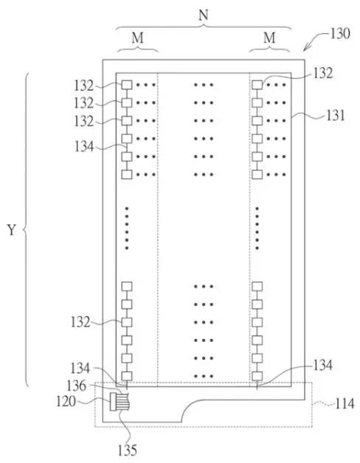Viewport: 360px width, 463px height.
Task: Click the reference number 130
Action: (340, 34)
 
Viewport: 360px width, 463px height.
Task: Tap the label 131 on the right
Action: (336, 116)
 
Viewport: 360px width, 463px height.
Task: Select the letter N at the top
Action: (204, 15)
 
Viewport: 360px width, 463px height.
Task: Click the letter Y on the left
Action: (11, 230)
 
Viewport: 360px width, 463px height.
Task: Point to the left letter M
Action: (138, 38)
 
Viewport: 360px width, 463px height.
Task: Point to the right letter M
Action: (269, 38)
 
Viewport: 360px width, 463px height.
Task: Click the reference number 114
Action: (345, 403)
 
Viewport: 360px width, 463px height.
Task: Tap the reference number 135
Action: (128, 450)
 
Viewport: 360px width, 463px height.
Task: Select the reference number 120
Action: (66, 402)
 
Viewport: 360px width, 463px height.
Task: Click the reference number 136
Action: (77, 386)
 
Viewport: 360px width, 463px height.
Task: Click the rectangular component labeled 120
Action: (112, 402)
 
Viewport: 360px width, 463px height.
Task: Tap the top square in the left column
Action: (127, 85)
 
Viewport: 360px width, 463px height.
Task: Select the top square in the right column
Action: (257, 85)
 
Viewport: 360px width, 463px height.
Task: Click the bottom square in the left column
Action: (127, 376)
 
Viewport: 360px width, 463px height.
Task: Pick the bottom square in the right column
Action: (257, 376)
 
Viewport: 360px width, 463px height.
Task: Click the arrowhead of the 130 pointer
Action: (305, 49)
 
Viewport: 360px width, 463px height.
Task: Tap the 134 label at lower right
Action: (323, 366)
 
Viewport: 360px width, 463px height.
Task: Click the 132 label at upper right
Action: (323, 73)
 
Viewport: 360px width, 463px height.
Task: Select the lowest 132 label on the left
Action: (80, 322)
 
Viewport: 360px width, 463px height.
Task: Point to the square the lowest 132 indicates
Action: (127, 322)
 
